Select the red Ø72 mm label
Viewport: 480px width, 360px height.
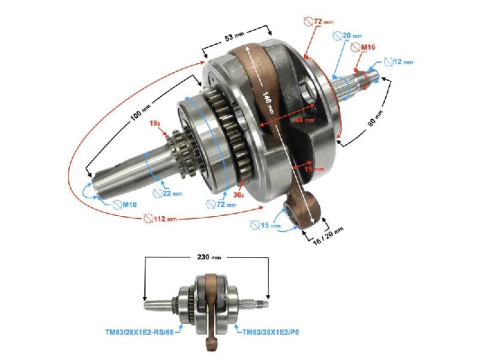(318, 21)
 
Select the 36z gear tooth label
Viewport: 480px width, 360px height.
(238, 194)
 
